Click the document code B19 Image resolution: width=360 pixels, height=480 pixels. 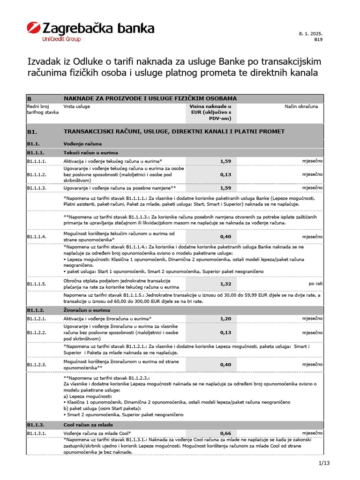coord(318,40)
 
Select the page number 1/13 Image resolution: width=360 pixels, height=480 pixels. coord(324,464)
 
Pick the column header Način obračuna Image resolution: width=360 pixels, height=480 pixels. coord(301,106)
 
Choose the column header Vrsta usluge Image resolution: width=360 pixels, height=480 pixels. coord(77,106)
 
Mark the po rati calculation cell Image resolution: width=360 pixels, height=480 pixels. coord(315,284)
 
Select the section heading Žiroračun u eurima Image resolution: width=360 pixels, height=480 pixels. coord(88,310)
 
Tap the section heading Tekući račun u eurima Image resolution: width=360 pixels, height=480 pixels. coord(90,153)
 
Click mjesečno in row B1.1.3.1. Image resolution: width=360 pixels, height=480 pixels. coord(312,433)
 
